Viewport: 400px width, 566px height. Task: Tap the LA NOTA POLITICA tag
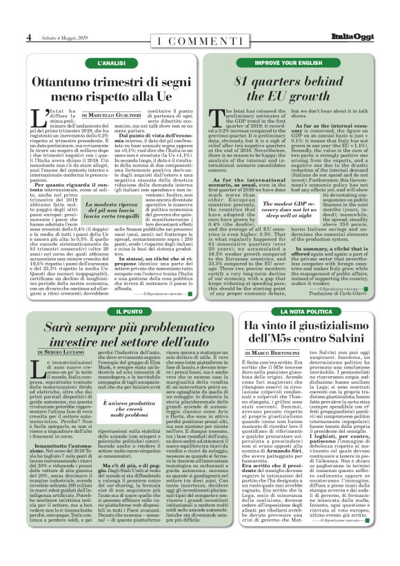[298, 312]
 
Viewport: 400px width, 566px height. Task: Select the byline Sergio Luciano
[61, 352]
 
